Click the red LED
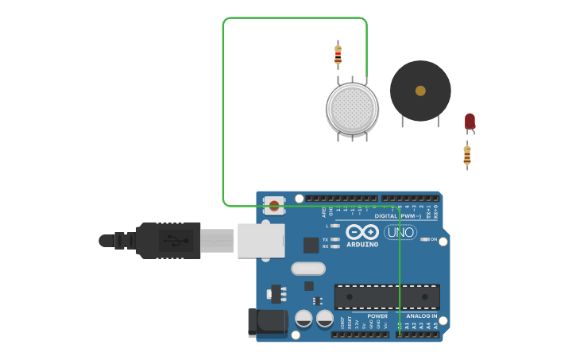pyautogui.click(x=470, y=121)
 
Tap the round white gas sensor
pyautogui.click(x=352, y=108)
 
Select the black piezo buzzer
pyautogui.click(x=420, y=91)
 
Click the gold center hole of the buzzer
pyautogui.click(x=420, y=91)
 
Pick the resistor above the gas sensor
pyautogui.click(x=338, y=55)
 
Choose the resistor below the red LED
pyautogui.click(x=467, y=155)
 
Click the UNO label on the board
pyautogui.click(x=400, y=232)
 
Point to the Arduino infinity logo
pyautogui.click(x=362, y=231)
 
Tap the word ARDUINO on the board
pyautogui.click(x=362, y=244)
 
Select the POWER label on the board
pyautogui.click(x=377, y=315)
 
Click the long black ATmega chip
pyautogui.click(x=387, y=297)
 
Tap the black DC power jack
pyautogui.click(x=267, y=322)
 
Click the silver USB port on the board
pyautogui.click(x=261, y=240)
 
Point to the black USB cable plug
pyautogui.click(x=168, y=240)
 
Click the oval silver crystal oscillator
pyautogui.click(x=308, y=269)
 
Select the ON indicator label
pyautogui.click(x=433, y=239)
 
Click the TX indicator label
pyautogui.click(x=326, y=238)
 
